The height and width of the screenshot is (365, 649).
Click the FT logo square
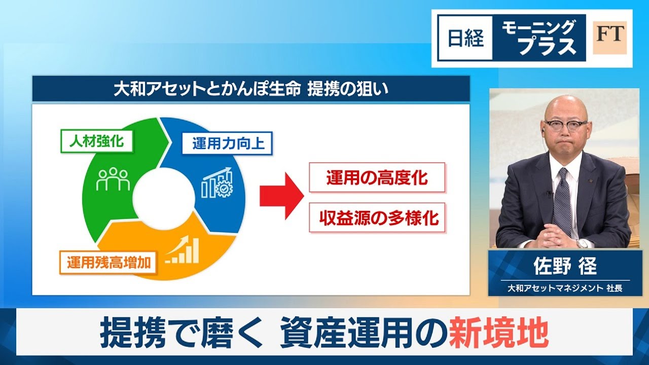609,38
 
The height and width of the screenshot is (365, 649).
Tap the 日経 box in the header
465,38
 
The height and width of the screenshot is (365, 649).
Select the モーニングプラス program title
538,38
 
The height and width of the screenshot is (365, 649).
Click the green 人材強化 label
96,141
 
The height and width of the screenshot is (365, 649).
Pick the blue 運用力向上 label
227,143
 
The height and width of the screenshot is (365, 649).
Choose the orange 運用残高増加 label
109,263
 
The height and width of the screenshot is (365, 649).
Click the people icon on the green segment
113,179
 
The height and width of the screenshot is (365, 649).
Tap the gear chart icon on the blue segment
218,182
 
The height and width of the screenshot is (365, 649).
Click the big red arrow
281,196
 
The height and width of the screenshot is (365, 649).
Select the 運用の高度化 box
377,177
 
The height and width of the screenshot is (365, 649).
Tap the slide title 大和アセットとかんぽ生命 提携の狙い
251,89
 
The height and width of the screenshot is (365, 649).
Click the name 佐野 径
565,266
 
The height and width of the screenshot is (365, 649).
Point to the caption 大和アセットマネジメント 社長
565,288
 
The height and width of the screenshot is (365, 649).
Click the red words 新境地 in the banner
498,332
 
